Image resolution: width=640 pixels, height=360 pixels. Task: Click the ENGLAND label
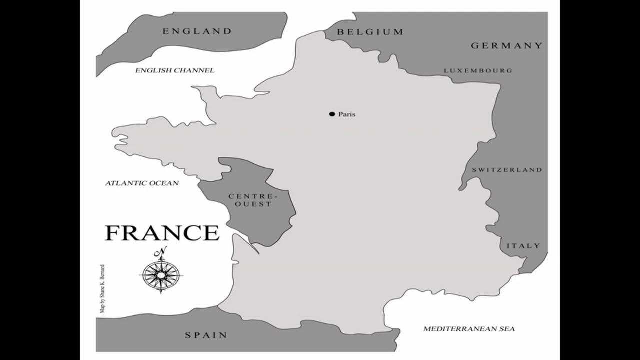click(197, 31)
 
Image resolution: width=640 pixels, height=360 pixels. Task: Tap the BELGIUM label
click(370, 32)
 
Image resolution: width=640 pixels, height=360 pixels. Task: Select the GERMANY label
click(506, 46)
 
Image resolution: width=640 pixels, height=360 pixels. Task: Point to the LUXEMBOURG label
click(478, 71)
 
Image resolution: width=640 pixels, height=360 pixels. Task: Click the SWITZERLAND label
click(507, 170)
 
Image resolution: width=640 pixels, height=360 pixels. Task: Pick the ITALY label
click(523, 246)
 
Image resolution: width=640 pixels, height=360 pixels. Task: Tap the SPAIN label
click(206, 335)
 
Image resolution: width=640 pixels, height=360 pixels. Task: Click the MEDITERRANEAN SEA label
click(469, 329)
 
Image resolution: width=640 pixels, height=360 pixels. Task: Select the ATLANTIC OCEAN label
click(142, 183)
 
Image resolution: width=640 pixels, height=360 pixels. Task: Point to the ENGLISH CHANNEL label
click(175, 70)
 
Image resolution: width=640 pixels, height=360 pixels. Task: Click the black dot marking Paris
click(332, 114)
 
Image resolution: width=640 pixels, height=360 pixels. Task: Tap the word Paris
click(347, 114)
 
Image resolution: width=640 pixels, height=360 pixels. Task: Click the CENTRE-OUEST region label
click(251, 200)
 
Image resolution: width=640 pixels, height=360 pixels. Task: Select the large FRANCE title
click(162, 233)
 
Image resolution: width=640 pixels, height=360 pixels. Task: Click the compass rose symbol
click(161, 274)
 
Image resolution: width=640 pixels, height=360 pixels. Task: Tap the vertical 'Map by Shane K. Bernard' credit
click(102, 288)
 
